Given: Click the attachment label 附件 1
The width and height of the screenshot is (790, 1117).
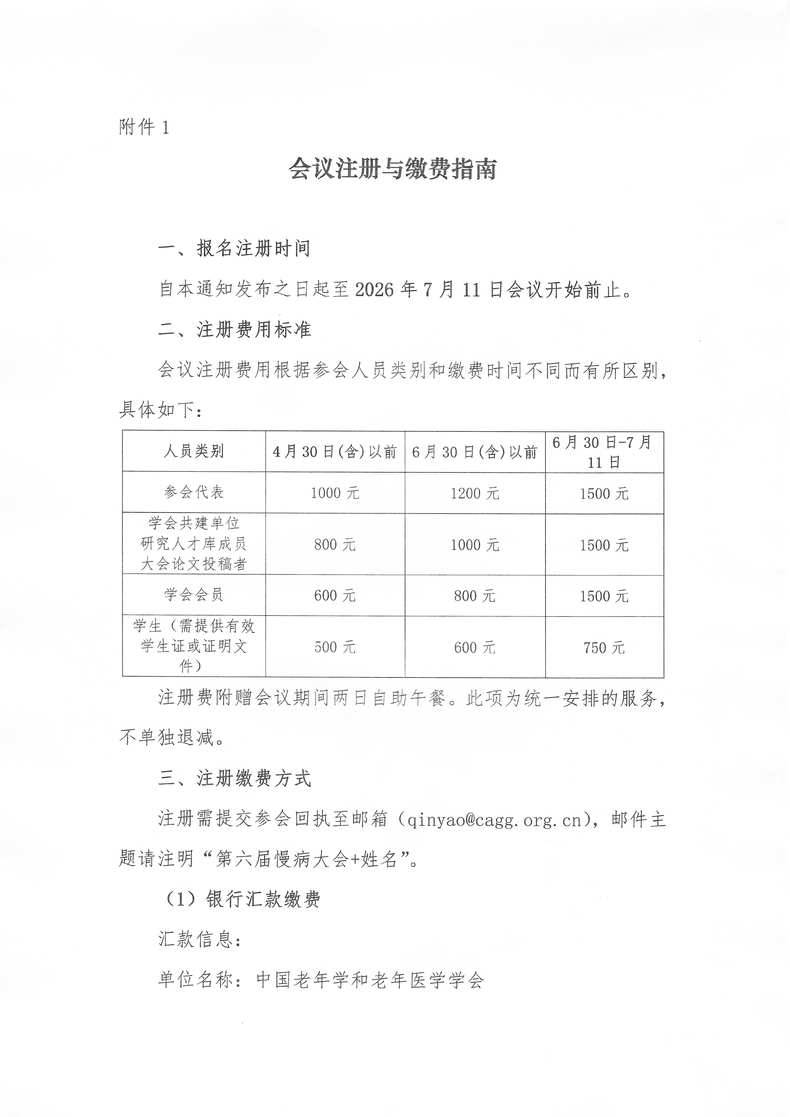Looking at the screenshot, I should point(144,127).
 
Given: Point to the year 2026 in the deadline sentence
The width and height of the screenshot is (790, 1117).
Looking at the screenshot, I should point(374,290).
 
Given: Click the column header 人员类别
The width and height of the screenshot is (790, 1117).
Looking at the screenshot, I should point(194,452).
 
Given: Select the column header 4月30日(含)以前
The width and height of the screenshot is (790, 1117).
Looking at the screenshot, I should point(335,452).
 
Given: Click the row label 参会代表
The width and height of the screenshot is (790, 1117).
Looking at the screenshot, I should point(194,492).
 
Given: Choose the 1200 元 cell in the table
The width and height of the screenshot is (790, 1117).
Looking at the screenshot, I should point(475,493).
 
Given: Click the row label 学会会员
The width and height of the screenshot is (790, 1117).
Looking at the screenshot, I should point(194,594).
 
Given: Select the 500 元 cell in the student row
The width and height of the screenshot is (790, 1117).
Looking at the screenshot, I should point(335,647).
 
